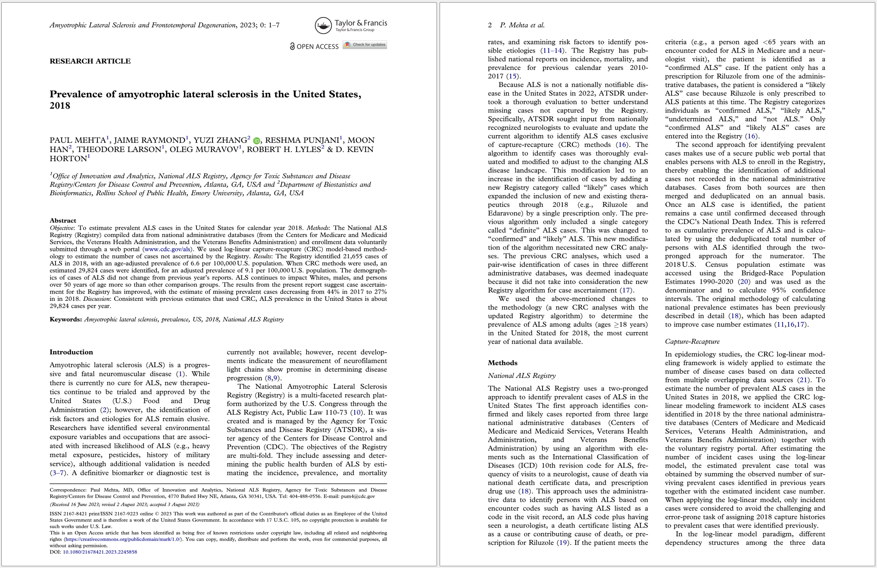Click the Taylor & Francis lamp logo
pyautogui.click(x=323, y=26)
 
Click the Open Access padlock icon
pyautogui.click(x=292, y=46)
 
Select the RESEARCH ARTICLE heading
pyautogui.click(x=90, y=61)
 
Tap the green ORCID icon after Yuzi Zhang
pyautogui.click(x=256, y=140)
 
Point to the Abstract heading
pyautogui.click(x=63, y=221)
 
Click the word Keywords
pyautogui.click(x=66, y=319)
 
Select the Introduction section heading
pyautogui.click(x=71, y=352)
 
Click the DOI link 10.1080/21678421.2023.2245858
pyautogui.click(x=100, y=552)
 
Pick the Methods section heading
pyautogui.click(x=502, y=363)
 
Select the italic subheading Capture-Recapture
pyautogui.click(x=692, y=341)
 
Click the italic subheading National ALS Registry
pyautogui.click(x=521, y=376)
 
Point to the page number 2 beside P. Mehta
pyautogui.click(x=490, y=25)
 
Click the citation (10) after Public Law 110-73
pyautogui.click(x=356, y=412)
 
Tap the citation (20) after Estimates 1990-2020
pyautogui.click(x=743, y=282)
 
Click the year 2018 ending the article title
pyautogui.click(x=60, y=106)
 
